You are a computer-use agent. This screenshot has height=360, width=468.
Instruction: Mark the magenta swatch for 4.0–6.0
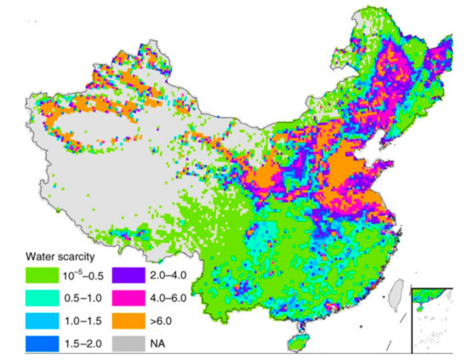[x=123, y=297]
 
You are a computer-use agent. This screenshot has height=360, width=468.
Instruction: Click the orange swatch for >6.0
[x=123, y=321]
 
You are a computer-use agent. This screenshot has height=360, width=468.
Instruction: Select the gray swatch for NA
[x=123, y=345]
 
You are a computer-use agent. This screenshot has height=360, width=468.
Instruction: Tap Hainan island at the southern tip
[x=297, y=338]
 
